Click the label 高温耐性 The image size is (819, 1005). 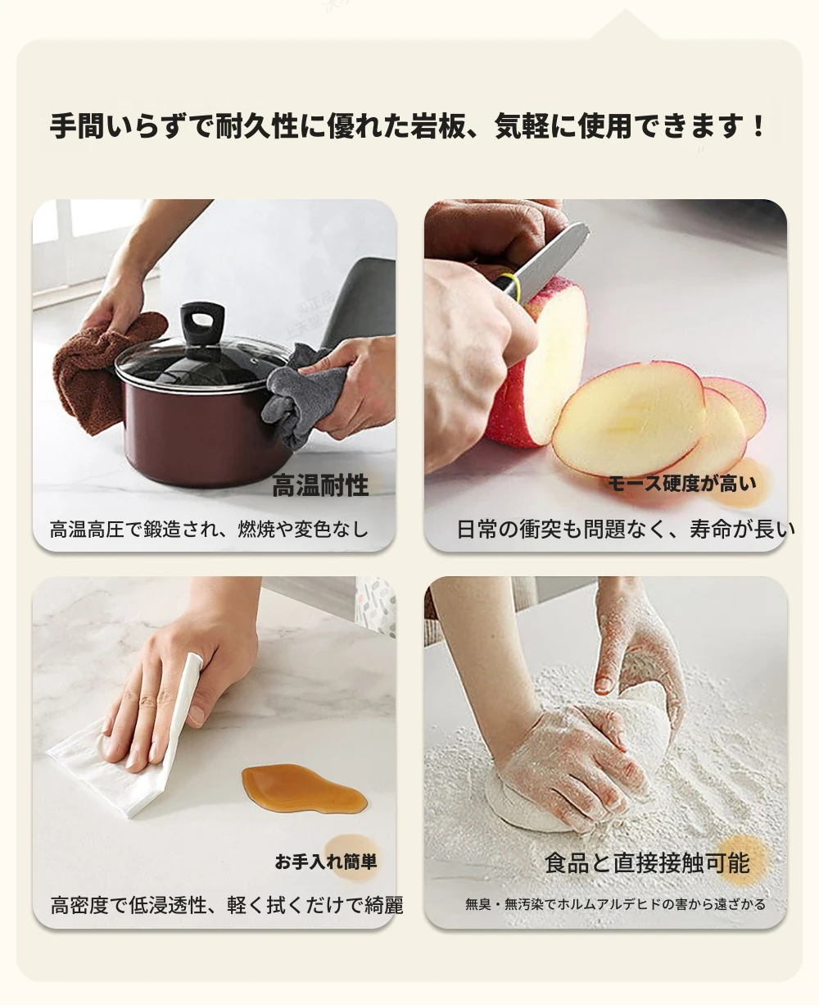(x=320, y=485)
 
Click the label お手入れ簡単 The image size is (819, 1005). (x=326, y=862)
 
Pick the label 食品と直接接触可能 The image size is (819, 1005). (x=647, y=863)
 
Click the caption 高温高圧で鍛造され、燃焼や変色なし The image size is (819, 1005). (x=209, y=530)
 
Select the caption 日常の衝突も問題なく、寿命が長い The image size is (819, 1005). (x=626, y=530)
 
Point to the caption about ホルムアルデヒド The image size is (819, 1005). (x=615, y=904)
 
